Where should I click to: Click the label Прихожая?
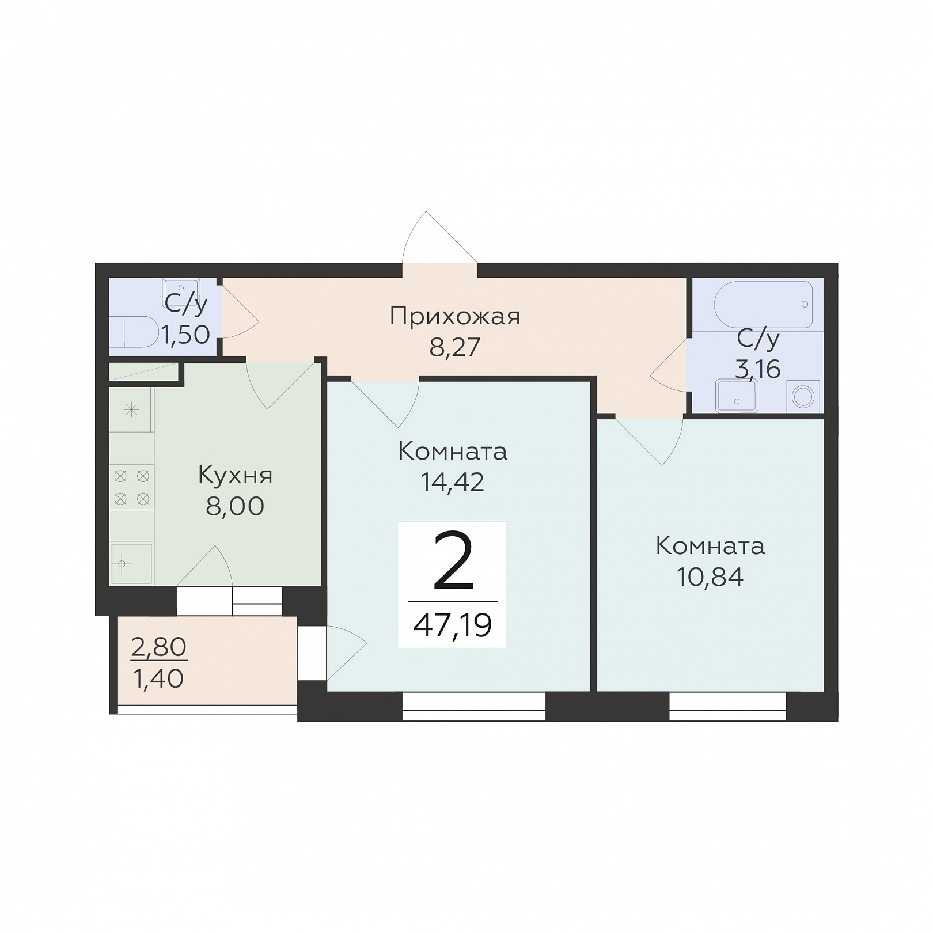(x=454, y=317)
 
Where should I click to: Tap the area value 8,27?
(x=454, y=347)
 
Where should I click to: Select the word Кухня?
(x=235, y=476)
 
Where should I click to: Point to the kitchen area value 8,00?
(x=235, y=506)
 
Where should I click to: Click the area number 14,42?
(x=453, y=482)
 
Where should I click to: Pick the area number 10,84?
(x=710, y=577)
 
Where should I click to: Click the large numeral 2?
(x=453, y=561)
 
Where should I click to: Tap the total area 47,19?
(x=453, y=625)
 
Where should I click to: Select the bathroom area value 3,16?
(x=758, y=369)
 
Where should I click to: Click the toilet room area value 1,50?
(x=185, y=334)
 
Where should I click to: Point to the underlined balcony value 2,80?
(x=159, y=647)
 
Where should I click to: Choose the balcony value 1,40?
(x=158, y=679)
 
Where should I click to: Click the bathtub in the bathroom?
(x=763, y=305)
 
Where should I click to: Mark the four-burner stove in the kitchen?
(x=131, y=487)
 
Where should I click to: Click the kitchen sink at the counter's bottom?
(x=131, y=564)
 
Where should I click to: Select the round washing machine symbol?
(x=803, y=397)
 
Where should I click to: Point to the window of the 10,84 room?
(x=728, y=707)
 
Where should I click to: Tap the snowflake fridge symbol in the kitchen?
(x=132, y=410)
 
